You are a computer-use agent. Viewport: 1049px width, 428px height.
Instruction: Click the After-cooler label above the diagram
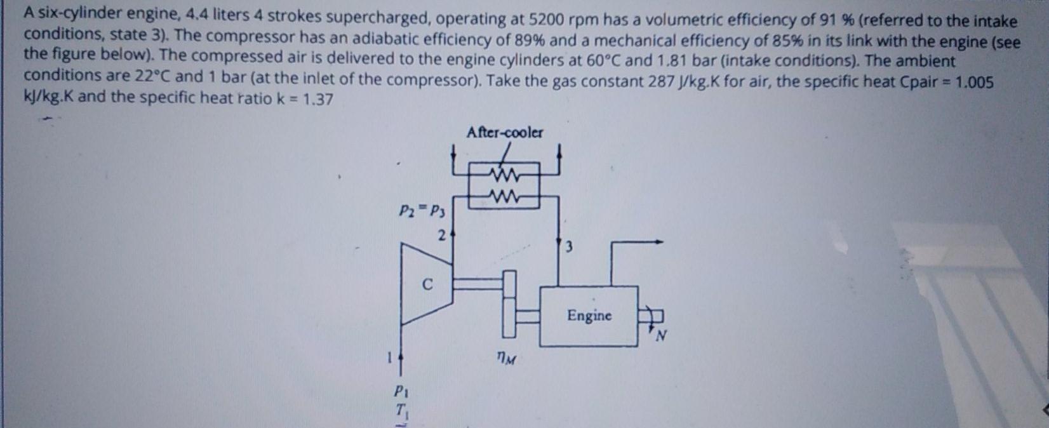(x=505, y=133)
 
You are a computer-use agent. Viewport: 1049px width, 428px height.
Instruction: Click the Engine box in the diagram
(x=589, y=316)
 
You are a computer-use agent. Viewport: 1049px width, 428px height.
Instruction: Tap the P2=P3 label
(x=423, y=210)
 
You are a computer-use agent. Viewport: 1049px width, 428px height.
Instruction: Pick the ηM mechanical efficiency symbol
(x=507, y=360)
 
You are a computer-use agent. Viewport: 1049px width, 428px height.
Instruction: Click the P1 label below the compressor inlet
(x=400, y=389)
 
